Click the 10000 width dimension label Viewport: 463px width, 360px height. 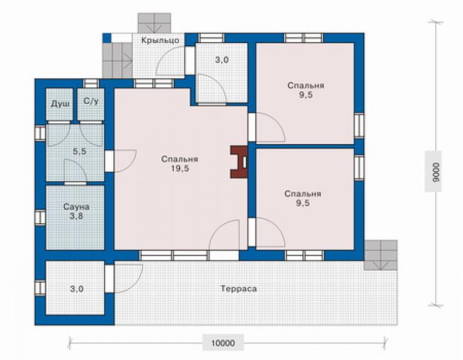(x=223, y=343)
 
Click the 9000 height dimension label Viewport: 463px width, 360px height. (x=435, y=172)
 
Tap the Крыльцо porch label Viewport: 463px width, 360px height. (x=160, y=40)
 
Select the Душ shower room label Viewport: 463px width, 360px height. (x=61, y=104)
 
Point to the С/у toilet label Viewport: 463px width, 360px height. (x=91, y=101)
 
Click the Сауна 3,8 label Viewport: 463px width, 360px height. (x=76, y=212)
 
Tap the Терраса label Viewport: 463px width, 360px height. (x=238, y=289)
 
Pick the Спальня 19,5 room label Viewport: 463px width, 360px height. (x=180, y=164)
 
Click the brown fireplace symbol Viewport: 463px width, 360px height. (x=238, y=162)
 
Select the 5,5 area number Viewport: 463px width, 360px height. (x=79, y=152)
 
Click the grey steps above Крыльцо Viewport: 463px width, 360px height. (x=155, y=23)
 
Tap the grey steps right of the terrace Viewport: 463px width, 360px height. (x=380, y=255)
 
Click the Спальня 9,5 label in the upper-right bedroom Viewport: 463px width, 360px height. (x=306, y=90)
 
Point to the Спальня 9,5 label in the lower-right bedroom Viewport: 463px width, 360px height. (x=303, y=198)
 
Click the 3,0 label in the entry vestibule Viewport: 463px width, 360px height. (x=221, y=59)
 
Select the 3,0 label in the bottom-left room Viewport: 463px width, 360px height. (x=76, y=289)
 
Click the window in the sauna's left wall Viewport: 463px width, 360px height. (x=40, y=217)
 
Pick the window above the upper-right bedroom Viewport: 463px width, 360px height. (x=303, y=38)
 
